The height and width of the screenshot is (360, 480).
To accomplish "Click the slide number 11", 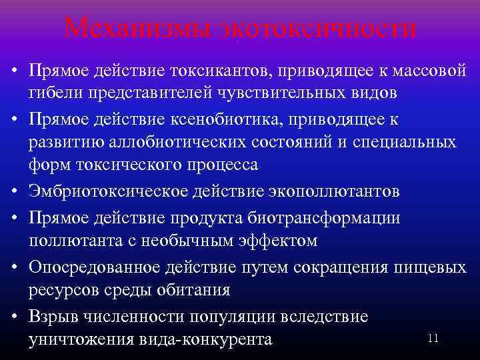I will click(433, 339).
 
